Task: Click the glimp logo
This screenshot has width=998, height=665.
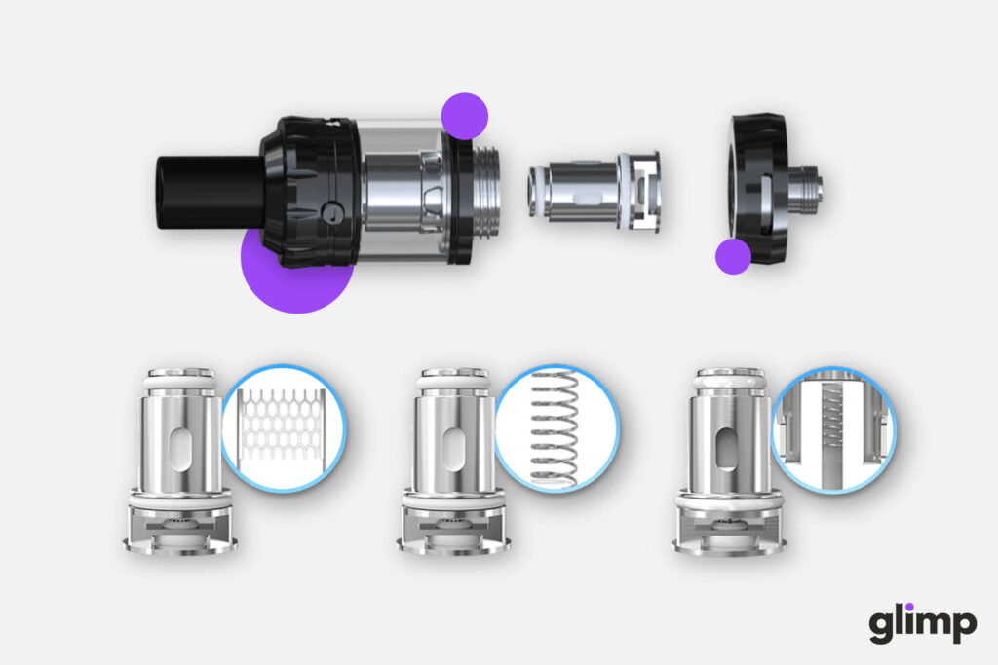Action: (x=922, y=623)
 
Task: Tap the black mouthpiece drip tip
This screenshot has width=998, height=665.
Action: (x=211, y=192)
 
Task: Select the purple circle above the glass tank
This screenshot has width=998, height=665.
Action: (x=465, y=116)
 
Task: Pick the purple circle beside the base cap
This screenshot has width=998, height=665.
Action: (x=733, y=256)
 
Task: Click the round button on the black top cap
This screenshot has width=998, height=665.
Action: (x=332, y=211)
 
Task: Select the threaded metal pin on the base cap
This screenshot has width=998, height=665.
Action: (x=806, y=188)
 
